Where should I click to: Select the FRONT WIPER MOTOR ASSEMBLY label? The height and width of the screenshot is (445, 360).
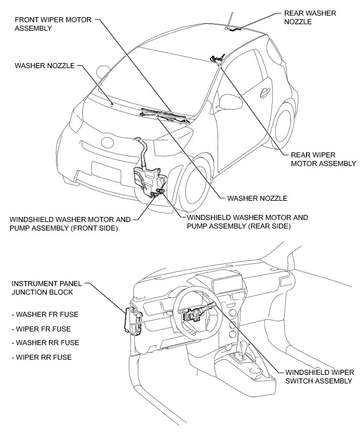[53, 24]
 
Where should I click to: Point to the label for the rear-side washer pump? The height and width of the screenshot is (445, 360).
[247, 222]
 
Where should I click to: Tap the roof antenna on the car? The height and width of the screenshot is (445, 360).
[230, 20]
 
